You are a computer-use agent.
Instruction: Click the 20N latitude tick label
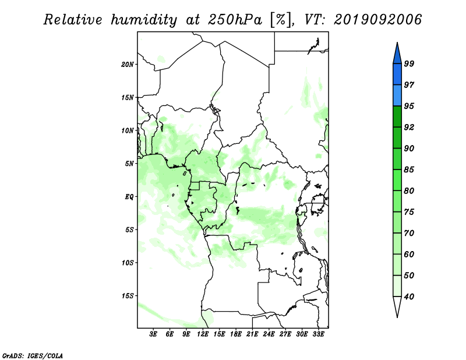point(128,65)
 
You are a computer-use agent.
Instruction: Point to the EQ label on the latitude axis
point(129,197)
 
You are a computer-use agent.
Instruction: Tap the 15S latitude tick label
point(128,296)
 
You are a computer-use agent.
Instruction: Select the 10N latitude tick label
point(128,130)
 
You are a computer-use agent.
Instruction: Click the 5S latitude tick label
point(129,230)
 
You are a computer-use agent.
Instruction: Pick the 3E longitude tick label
point(153,334)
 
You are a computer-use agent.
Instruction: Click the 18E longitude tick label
point(236,334)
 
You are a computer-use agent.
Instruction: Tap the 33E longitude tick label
point(318,334)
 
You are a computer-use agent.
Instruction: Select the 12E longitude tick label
point(203,334)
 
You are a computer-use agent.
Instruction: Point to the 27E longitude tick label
point(285,334)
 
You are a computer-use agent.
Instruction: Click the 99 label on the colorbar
point(409,63)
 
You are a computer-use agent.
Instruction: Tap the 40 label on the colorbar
point(409,297)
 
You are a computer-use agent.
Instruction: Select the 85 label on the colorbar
point(409,170)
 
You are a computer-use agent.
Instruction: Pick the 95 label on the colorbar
point(409,106)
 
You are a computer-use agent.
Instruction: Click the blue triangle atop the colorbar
point(397,55)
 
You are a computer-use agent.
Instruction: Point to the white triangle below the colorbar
point(397,305)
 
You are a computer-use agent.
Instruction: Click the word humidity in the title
point(144,20)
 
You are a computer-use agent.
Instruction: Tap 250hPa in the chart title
point(235,20)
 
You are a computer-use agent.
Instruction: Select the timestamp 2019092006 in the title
point(377,20)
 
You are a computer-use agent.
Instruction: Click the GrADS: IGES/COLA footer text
point(33,355)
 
